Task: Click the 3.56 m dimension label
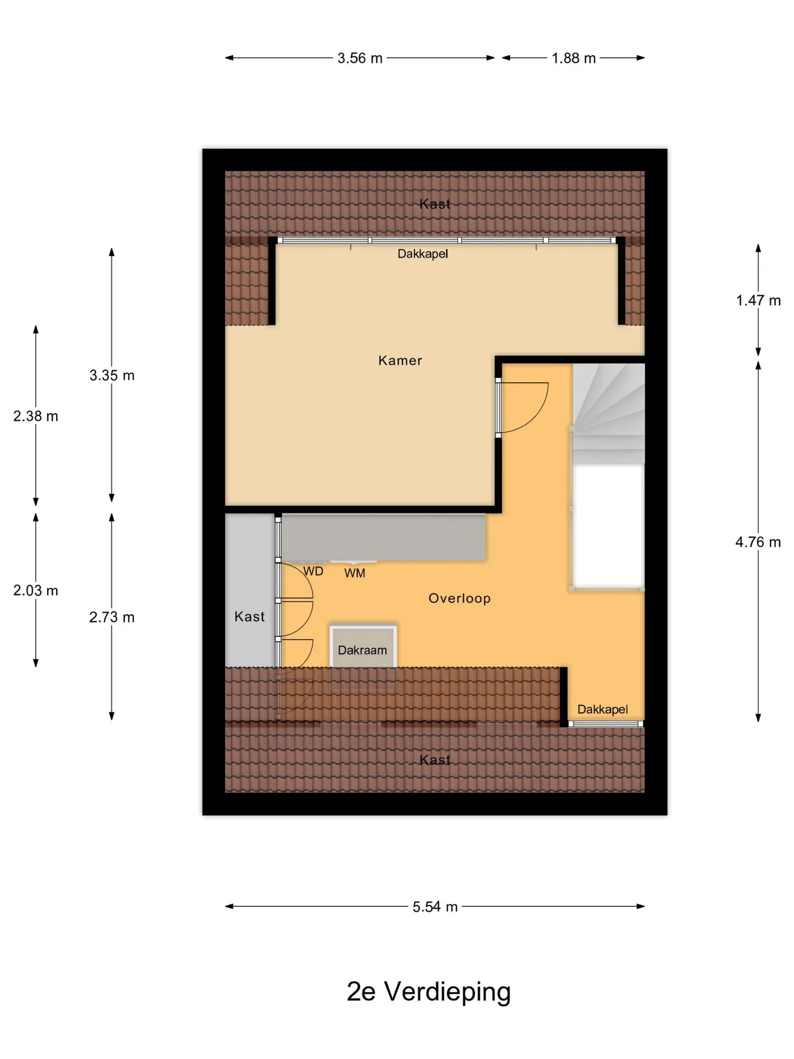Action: point(360,58)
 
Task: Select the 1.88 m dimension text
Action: point(573,58)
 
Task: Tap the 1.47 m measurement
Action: point(758,301)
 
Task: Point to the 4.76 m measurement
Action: point(758,542)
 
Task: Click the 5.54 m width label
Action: point(435,907)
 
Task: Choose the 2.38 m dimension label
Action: point(36,416)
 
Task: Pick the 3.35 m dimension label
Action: point(112,376)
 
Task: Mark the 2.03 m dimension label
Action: point(36,591)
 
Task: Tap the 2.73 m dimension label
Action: point(112,617)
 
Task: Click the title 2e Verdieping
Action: point(428,992)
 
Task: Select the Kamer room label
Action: point(400,361)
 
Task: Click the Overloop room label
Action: point(459,598)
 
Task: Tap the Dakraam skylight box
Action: point(363,646)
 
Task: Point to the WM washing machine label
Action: point(355,574)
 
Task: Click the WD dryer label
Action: point(313,571)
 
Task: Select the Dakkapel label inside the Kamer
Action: point(423,254)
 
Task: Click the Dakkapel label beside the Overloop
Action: point(603,710)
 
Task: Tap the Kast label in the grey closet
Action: point(249,617)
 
